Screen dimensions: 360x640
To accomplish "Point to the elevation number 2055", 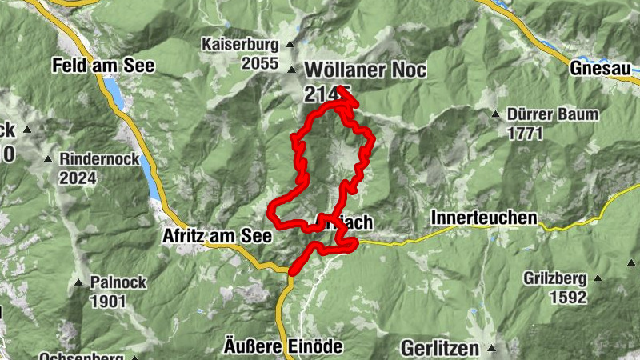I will point(262,64).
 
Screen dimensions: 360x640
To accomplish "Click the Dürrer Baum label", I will point(552,114).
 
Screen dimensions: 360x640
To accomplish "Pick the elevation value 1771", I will point(525,134).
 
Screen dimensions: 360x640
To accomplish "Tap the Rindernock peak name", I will point(99,158).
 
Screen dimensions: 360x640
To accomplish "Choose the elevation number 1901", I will point(109,301).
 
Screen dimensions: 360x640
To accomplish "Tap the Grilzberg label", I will point(555,278).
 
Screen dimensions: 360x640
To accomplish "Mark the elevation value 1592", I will point(568,298).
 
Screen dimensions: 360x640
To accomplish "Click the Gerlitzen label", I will point(439,348).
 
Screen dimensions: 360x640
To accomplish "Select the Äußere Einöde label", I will point(282,346).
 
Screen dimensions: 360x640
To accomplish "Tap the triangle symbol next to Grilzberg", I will point(598,278).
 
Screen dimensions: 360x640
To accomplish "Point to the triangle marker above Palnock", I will point(79,282).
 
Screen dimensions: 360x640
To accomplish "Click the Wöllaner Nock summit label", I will point(365,70).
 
